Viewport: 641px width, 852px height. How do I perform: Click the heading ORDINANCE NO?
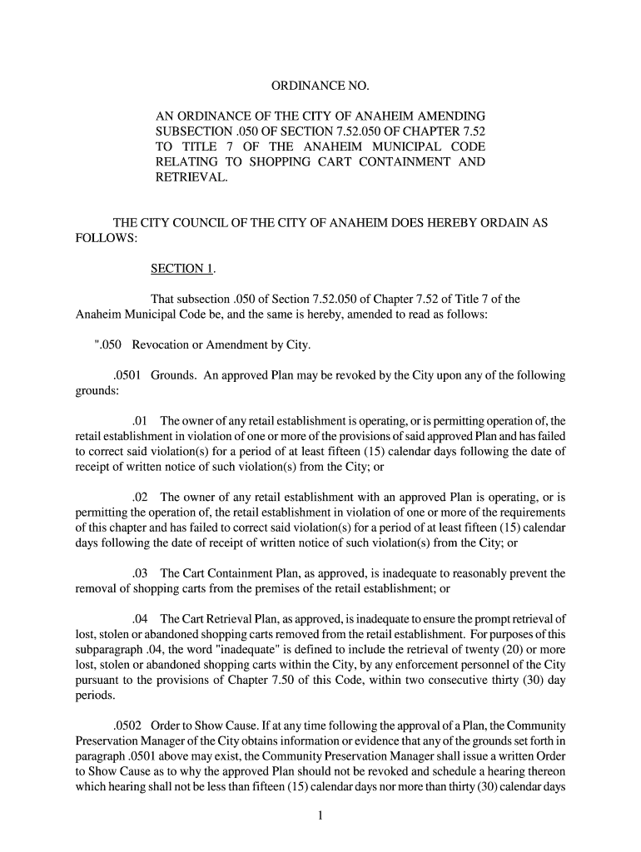pyautogui.click(x=320, y=87)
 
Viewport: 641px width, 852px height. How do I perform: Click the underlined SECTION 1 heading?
pyautogui.click(x=182, y=269)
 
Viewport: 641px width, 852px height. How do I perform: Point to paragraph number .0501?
pyautogui.click(x=128, y=375)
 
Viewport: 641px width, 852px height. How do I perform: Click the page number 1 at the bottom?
pyautogui.click(x=320, y=815)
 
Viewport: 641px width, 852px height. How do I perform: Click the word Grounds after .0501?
pyautogui.click(x=173, y=375)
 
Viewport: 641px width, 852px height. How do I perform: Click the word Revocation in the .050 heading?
pyautogui.click(x=166, y=345)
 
